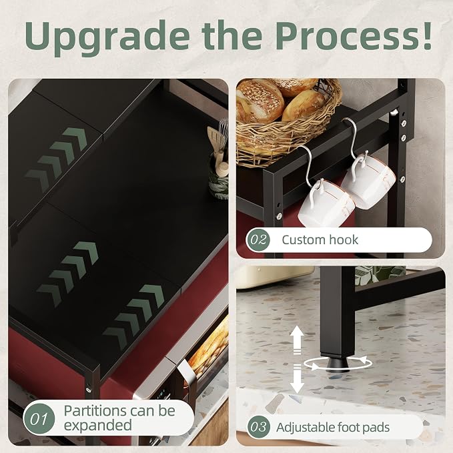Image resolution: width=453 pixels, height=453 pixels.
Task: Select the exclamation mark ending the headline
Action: (x=425, y=35)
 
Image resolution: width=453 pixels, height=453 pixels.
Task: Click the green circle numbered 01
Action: (x=39, y=418)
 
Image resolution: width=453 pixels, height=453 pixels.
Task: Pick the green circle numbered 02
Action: (x=258, y=240)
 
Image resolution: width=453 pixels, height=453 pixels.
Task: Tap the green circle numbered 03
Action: (x=259, y=427)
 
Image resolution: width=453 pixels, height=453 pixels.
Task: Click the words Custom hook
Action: (x=320, y=240)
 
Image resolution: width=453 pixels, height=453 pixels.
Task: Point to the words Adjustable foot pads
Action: (x=333, y=427)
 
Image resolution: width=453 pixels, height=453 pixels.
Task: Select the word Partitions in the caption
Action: (x=95, y=410)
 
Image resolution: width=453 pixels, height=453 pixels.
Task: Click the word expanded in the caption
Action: (x=97, y=425)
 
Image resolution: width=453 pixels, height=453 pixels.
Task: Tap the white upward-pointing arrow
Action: (x=297, y=340)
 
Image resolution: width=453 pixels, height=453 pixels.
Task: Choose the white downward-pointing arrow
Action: (x=297, y=379)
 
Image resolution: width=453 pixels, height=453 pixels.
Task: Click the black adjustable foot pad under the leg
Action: (x=338, y=364)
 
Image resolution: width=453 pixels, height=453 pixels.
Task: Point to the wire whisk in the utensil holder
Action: (x=223, y=136)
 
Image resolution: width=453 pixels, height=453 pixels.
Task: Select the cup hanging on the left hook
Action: (x=326, y=203)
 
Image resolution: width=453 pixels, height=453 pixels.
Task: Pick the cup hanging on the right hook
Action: (x=370, y=179)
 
